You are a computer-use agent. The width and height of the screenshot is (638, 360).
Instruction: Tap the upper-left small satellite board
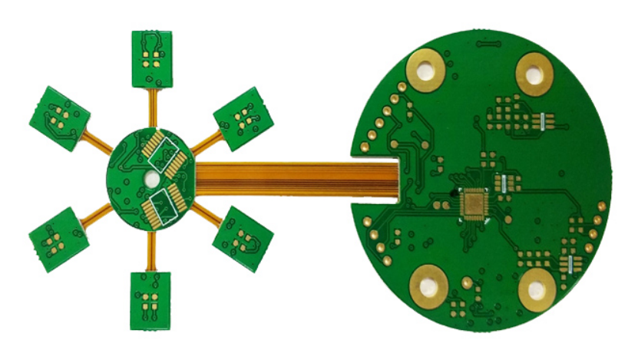tap(61, 117)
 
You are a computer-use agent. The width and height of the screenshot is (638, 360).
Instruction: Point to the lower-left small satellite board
tap(58, 236)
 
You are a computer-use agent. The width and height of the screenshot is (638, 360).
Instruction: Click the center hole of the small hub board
tap(151, 179)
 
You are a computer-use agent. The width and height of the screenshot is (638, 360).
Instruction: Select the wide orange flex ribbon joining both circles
tap(299, 179)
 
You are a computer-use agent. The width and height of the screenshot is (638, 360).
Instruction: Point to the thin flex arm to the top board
tap(152, 107)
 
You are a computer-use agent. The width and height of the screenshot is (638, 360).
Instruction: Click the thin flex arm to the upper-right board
tap(204, 143)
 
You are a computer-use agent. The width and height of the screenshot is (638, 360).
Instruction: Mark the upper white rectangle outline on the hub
tap(164, 156)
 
